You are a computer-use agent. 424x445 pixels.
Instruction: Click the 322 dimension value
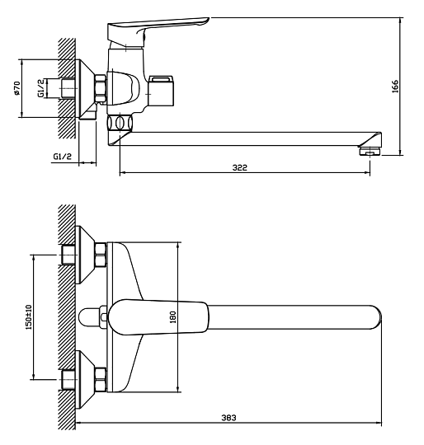pyautogui.click(x=240, y=167)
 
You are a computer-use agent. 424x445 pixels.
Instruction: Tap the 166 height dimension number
pyautogui.click(x=395, y=87)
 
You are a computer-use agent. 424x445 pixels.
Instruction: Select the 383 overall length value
pyautogui.click(x=228, y=418)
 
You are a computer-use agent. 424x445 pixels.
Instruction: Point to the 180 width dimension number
pyautogui.click(x=172, y=317)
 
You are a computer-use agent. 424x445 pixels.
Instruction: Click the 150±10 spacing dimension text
pyautogui.click(x=29, y=317)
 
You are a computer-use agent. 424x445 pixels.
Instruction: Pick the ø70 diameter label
pyautogui.click(x=16, y=88)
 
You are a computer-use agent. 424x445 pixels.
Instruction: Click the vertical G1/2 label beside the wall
pyautogui.click(x=41, y=88)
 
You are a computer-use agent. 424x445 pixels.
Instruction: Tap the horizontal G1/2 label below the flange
pyautogui.click(x=63, y=156)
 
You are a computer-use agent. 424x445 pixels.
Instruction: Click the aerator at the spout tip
pyautogui.click(x=370, y=151)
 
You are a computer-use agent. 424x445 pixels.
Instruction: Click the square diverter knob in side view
pyautogui.click(x=161, y=91)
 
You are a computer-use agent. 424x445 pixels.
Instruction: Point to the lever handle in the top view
pyautogui.click(x=158, y=317)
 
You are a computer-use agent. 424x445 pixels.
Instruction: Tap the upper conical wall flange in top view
pyautogui.click(x=85, y=255)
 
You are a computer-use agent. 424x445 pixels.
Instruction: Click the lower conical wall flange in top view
pyautogui.click(x=85, y=379)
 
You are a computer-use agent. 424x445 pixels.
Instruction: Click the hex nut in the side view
pyautogui.click(x=100, y=88)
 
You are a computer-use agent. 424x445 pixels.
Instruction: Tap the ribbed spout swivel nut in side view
pyautogui.click(x=120, y=123)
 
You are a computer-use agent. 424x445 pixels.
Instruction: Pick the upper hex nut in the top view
pyautogui.click(x=101, y=255)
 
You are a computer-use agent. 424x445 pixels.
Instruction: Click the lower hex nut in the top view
pyautogui.click(x=101, y=379)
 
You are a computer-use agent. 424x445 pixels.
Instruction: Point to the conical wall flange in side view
pyautogui.click(x=86, y=88)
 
